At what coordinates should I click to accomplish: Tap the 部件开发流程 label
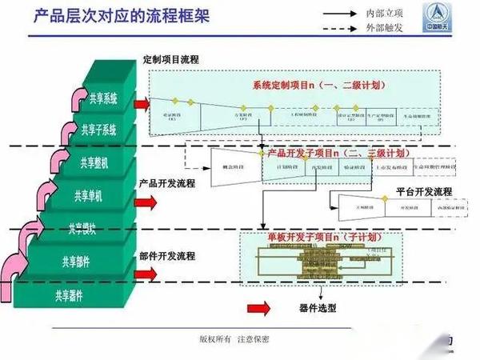point(166,256)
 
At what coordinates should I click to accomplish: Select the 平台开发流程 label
point(423,192)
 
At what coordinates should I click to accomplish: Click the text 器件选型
point(318,307)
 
